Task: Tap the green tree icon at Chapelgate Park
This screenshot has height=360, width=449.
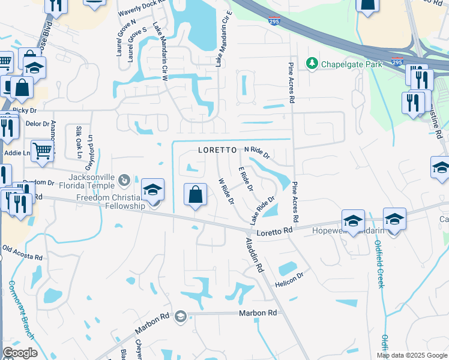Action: [x=312, y=62]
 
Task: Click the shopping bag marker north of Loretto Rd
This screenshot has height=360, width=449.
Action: [x=195, y=196]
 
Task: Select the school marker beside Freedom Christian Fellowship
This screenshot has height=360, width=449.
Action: [x=153, y=191]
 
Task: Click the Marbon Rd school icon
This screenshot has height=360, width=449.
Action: [x=180, y=317]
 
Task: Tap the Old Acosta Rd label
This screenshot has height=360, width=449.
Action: [x=22, y=252]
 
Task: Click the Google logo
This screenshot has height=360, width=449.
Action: [x=20, y=353]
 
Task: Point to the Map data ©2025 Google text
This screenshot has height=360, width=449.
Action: [x=412, y=355]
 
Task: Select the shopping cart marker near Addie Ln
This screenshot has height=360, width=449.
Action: [x=42, y=151]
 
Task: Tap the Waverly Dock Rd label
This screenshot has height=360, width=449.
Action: [x=141, y=8]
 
